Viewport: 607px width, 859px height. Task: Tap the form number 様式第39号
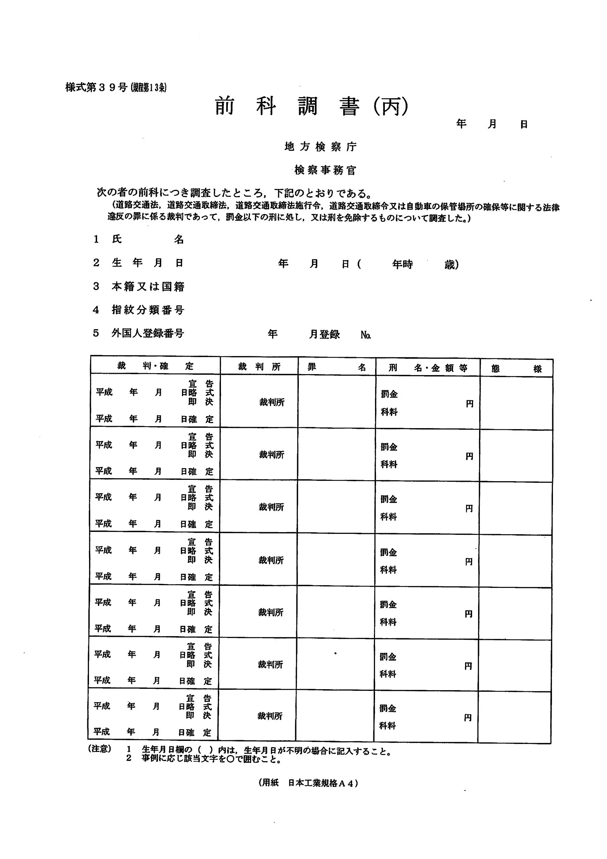pyautogui.click(x=97, y=88)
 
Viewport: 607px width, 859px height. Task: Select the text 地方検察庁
pyautogui.click(x=320, y=147)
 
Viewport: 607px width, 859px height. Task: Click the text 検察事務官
pyautogui.click(x=325, y=170)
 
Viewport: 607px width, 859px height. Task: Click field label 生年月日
pyautogui.click(x=147, y=263)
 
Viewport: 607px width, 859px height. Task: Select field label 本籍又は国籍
pyautogui.click(x=148, y=286)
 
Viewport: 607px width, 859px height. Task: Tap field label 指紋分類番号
pyautogui.click(x=148, y=310)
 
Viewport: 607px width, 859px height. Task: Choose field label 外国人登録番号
pyautogui.click(x=147, y=333)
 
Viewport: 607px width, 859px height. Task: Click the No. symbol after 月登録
pyautogui.click(x=366, y=335)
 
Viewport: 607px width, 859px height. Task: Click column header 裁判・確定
pyautogui.click(x=155, y=366)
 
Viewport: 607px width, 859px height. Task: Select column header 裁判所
pyautogui.click(x=259, y=367)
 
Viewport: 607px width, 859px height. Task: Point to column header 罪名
pyautogui.click(x=336, y=367)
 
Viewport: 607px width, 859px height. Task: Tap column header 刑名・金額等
pyautogui.click(x=427, y=368)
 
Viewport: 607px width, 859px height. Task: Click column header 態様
pyautogui.click(x=516, y=369)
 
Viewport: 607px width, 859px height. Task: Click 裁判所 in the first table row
pyautogui.click(x=272, y=402)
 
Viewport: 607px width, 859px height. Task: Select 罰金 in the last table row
pyautogui.click(x=388, y=708)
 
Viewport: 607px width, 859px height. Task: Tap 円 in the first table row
pyautogui.click(x=470, y=404)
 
